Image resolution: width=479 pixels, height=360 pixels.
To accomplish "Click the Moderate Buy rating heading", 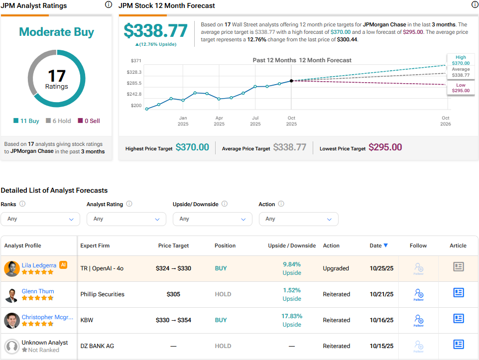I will (x=56, y=32).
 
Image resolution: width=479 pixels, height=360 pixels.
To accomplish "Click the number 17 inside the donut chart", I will (x=56, y=76).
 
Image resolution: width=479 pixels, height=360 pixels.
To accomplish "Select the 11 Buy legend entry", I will (x=26, y=120).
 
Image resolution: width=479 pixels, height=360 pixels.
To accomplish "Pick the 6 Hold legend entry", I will (x=58, y=120).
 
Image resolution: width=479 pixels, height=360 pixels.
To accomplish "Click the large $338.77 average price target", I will (x=155, y=31).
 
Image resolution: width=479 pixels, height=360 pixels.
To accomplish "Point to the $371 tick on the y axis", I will (x=136, y=60).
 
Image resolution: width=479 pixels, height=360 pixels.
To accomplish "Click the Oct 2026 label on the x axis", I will (x=445, y=121).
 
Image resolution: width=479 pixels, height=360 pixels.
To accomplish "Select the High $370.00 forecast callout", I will (x=460, y=60).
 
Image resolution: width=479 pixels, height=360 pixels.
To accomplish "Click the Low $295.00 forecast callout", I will (x=460, y=88).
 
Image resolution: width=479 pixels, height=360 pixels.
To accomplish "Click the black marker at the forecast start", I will (x=291, y=81).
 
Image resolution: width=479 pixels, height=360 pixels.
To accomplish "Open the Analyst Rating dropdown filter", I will (x=126, y=219).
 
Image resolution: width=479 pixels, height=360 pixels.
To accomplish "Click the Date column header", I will (x=378, y=245).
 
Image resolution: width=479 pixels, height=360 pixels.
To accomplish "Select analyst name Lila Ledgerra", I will (x=39, y=265).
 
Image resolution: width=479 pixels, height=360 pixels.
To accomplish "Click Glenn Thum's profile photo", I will (x=11, y=295).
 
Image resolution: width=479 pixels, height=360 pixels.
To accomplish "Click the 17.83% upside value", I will (x=292, y=316).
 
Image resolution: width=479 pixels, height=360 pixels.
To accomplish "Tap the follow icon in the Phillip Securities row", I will (x=418, y=294).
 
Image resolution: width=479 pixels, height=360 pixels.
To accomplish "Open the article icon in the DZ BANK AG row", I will (x=458, y=345).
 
